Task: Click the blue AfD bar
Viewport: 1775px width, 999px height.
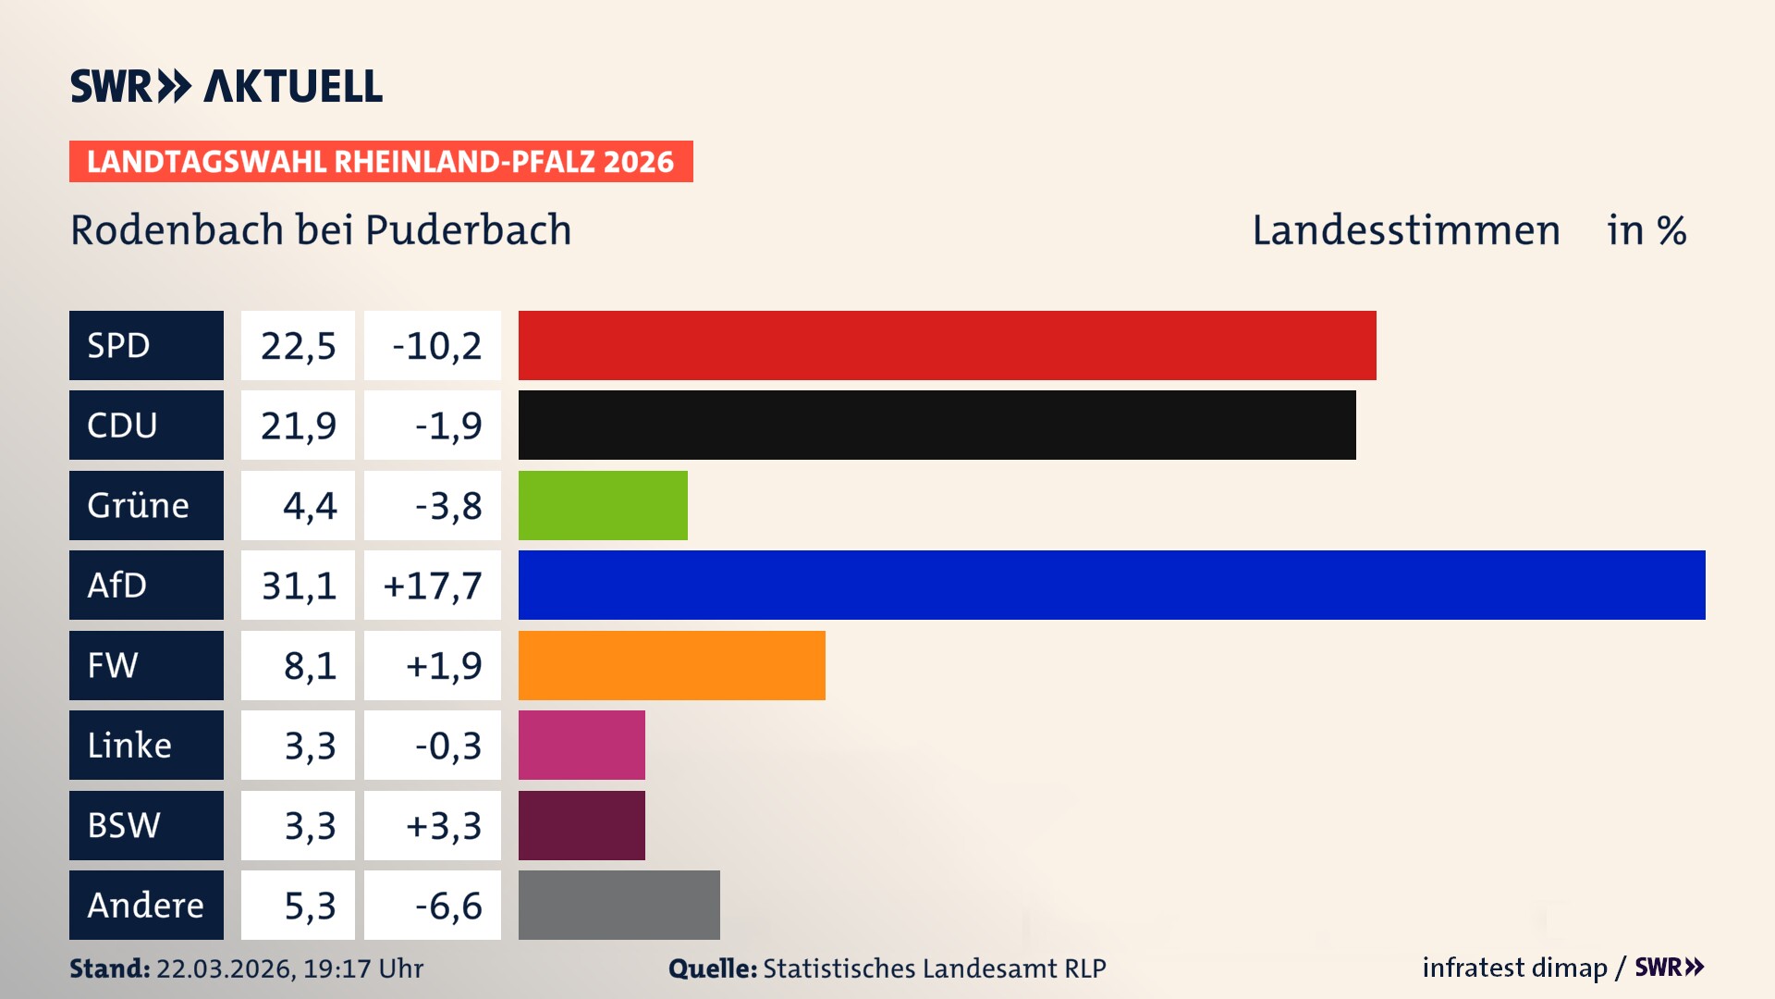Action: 1111,585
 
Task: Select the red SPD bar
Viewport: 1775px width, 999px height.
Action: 947,345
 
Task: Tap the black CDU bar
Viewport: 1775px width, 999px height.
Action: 936,425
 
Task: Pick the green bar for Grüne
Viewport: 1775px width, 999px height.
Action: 603,505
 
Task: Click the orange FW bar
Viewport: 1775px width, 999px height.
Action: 671,665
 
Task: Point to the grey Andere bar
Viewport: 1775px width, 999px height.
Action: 618,905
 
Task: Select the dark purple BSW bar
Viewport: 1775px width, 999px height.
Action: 581,825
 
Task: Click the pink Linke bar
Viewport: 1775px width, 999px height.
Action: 581,745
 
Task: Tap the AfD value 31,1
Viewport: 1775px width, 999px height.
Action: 298,586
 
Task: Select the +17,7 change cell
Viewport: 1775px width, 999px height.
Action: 433,586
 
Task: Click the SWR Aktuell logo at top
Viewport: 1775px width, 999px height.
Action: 226,86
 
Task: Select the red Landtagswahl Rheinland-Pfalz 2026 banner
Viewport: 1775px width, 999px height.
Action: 381,162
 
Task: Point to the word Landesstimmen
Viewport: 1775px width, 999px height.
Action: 1405,230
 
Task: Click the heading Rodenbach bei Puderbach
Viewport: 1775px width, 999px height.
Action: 321,230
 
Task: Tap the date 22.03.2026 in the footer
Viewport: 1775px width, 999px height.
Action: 225,968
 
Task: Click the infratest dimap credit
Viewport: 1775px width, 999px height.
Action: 1513,968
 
